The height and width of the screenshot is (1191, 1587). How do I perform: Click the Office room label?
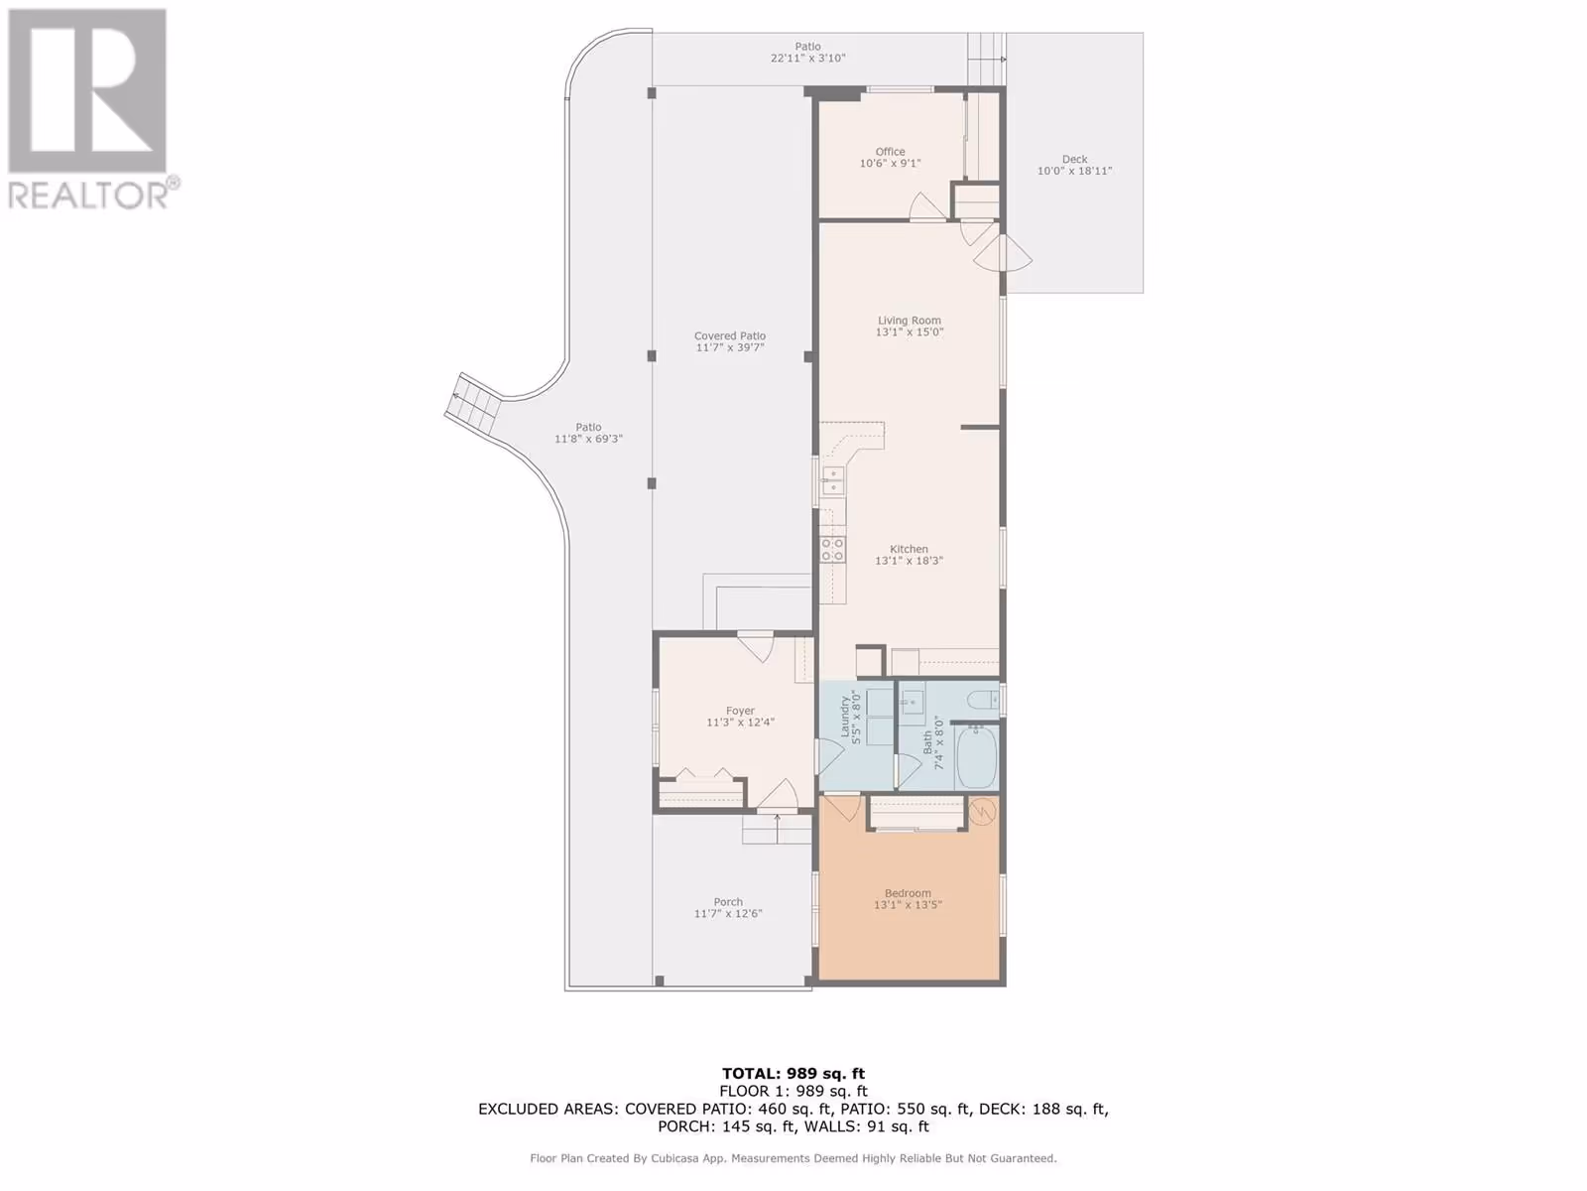(x=890, y=152)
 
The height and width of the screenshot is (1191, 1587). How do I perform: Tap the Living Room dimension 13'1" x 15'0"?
(x=909, y=331)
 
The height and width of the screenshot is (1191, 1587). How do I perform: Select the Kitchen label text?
(x=909, y=549)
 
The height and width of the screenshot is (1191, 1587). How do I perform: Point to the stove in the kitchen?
(x=832, y=549)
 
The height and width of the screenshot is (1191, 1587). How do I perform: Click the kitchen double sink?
(x=833, y=481)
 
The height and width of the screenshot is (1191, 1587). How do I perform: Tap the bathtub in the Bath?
(x=977, y=757)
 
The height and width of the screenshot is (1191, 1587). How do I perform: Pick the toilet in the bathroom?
(x=984, y=700)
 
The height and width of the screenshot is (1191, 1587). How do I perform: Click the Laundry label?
(x=844, y=717)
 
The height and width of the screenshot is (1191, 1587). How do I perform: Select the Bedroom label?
(x=908, y=893)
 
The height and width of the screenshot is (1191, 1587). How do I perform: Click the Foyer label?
(x=740, y=711)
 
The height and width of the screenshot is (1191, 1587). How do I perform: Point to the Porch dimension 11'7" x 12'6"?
(x=728, y=913)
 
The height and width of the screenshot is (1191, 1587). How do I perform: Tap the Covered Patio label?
(x=729, y=335)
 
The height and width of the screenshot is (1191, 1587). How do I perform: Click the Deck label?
(x=1074, y=159)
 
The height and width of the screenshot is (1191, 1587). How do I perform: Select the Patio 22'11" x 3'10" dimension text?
(x=807, y=58)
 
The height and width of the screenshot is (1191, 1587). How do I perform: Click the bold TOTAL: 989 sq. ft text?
(x=793, y=1074)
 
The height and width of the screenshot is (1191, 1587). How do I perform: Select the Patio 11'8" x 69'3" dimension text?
(x=588, y=439)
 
